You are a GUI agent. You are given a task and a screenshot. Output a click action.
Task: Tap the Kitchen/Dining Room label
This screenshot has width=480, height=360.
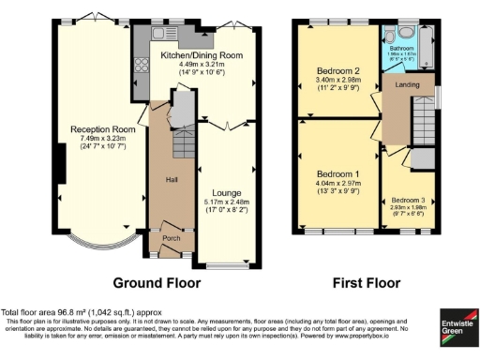(x=202, y=55)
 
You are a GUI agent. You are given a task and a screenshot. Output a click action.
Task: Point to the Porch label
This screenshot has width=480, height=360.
(x=172, y=238)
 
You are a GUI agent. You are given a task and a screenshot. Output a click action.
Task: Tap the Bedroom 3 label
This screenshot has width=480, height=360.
(x=408, y=201)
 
